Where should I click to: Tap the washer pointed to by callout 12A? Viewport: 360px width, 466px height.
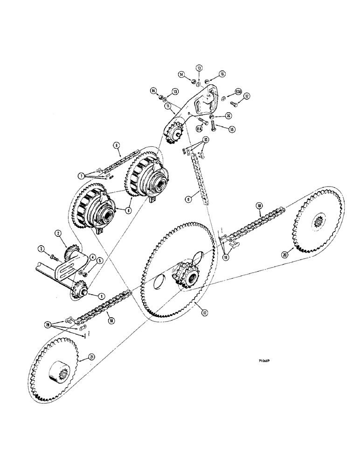coord(224,97)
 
